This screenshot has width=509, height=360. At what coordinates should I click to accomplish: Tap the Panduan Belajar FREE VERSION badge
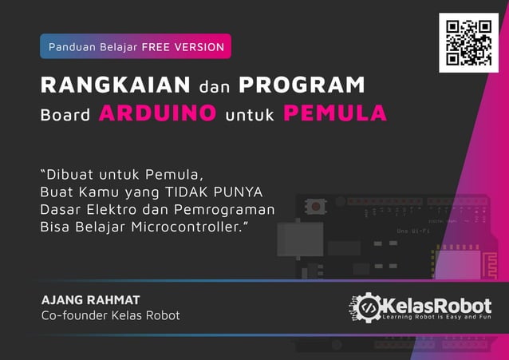(136, 46)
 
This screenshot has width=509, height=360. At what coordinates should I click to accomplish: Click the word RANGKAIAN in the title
(116, 85)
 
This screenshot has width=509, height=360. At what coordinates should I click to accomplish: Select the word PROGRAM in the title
(302, 85)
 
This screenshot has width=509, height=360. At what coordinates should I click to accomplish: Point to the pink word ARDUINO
(157, 113)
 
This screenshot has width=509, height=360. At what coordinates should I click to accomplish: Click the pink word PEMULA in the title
(335, 113)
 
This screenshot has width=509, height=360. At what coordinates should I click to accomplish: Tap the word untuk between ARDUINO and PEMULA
(250, 115)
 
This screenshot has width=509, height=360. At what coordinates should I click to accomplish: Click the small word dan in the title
(214, 85)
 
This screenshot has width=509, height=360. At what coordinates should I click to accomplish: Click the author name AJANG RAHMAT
(90, 300)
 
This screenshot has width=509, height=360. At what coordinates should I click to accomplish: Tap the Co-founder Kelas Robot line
(110, 316)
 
